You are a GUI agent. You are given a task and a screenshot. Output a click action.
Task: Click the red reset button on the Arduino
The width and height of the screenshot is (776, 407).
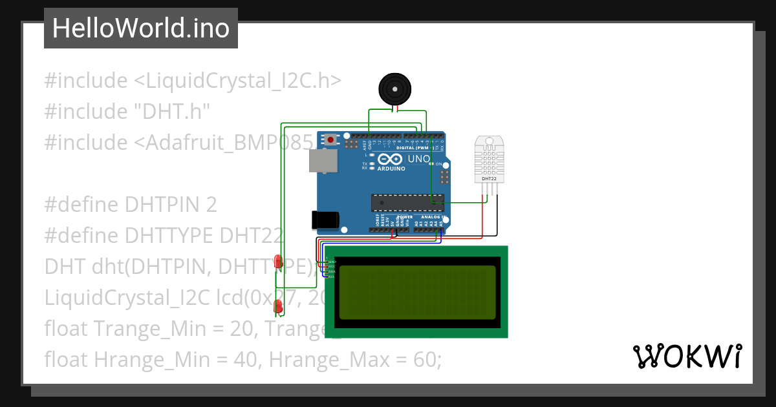[331, 140]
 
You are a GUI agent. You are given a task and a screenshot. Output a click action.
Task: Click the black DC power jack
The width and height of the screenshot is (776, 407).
[325, 220]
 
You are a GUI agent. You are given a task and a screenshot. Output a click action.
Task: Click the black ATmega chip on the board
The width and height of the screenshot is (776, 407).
[407, 202]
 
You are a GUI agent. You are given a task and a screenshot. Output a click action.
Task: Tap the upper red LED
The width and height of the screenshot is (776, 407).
[278, 261]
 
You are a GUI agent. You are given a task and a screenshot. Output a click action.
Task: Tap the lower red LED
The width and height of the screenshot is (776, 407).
[278, 306]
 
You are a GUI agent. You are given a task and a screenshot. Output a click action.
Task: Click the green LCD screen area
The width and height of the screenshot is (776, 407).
[416, 292]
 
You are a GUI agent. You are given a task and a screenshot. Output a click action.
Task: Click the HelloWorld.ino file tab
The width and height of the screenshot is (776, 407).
[141, 28]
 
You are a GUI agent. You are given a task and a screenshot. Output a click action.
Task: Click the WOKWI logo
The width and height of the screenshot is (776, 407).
[687, 356]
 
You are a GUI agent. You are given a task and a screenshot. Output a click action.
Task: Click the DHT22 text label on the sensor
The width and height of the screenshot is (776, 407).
[490, 178]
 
